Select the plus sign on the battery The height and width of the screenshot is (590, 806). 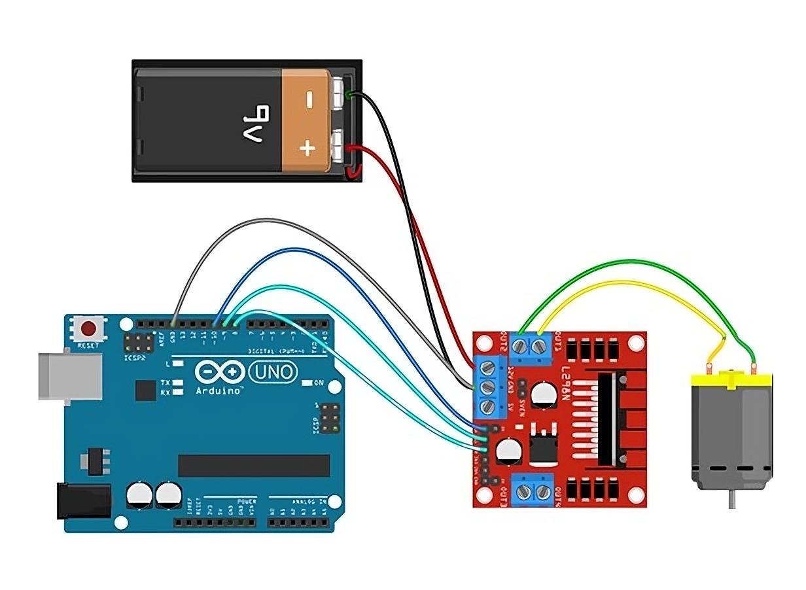(307, 148)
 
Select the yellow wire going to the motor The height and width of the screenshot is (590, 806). (628, 283)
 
